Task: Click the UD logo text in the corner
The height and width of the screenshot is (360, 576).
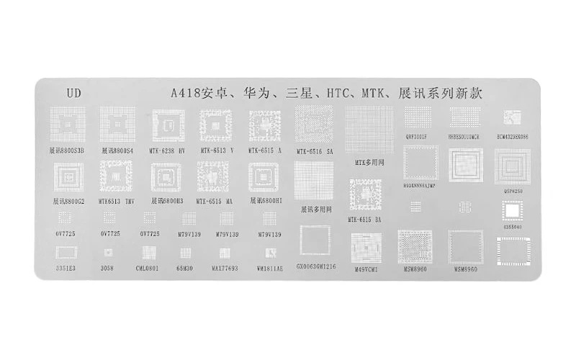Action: pyautogui.click(x=73, y=92)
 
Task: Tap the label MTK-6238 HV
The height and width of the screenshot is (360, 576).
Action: pyautogui.click(x=167, y=150)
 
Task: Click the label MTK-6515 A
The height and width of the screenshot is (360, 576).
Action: pyautogui.click(x=264, y=150)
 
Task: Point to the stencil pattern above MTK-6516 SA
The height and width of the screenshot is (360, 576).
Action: pyautogui.click(x=314, y=125)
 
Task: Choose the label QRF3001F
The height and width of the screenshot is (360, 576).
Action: pyautogui.click(x=417, y=136)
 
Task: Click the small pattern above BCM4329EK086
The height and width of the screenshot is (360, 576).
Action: pyautogui.click(x=512, y=117)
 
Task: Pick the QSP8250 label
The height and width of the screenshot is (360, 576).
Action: pyautogui.click(x=512, y=192)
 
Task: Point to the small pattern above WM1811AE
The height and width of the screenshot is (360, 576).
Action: pyautogui.click(x=268, y=253)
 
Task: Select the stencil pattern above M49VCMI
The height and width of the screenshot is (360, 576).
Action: pyautogui.click(x=366, y=248)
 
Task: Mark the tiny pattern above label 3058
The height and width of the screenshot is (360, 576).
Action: pyautogui.click(x=108, y=252)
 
